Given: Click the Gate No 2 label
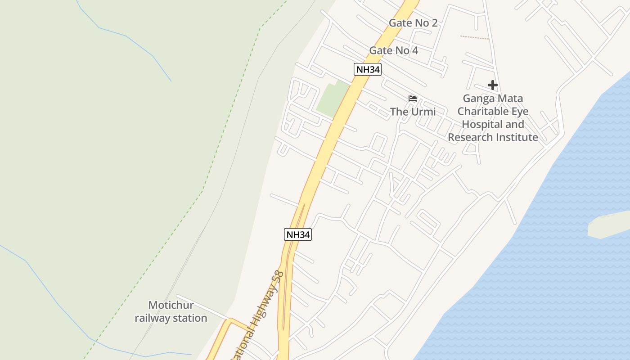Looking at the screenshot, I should click(413, 23).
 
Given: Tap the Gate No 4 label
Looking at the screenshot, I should click(393, 50).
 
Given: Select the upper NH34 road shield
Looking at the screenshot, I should click(368, 69).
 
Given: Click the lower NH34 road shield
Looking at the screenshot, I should click(298, 234).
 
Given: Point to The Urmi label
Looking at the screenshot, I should click(413, 111).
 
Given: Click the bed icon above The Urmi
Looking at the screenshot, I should click(412, 99).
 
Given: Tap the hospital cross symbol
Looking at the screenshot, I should click(492, 85).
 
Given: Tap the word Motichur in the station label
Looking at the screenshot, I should click(171, 305).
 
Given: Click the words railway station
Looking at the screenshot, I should click(171, 318).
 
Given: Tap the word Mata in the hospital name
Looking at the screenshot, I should click(511, 98).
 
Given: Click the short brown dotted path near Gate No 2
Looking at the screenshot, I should click(474, 37).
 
